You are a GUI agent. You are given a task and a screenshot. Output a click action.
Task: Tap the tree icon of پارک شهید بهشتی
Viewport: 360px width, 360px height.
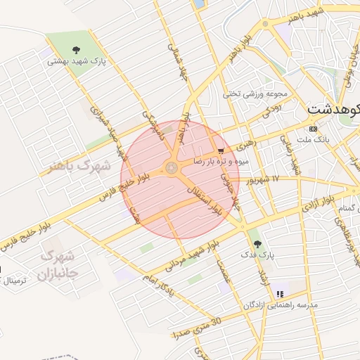point(76,49)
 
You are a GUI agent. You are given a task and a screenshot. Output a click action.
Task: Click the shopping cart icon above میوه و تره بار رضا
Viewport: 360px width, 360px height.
point(221,150)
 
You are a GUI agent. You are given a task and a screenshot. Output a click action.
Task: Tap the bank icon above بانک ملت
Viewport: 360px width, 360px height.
point(313,129)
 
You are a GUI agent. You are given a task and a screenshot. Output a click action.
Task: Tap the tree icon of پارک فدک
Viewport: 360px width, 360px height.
point(257,243)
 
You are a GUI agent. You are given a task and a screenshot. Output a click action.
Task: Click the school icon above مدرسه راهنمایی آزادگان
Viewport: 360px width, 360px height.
point(280,294)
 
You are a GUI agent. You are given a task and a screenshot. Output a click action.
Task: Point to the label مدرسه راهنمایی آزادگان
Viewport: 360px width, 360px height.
point(281,305)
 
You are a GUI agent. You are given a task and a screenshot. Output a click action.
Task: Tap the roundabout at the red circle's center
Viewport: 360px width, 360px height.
point(171,167)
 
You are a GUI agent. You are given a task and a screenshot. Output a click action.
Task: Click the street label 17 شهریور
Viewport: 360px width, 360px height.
point(262,179)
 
